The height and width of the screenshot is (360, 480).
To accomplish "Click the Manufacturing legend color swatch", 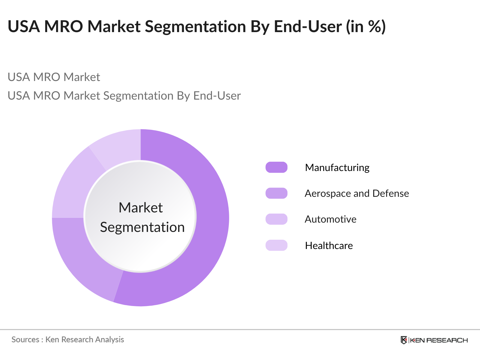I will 276,167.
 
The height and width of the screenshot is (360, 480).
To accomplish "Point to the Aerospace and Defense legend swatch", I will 276,193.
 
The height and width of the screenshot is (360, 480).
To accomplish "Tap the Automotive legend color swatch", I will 276,219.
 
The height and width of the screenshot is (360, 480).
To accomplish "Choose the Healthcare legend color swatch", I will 276,245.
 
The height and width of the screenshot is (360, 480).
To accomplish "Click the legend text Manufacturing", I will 337,167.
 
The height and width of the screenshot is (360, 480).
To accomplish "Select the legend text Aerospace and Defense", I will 357,193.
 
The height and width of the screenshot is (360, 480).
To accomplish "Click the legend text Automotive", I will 330,219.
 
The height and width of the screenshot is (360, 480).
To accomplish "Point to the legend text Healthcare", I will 329,246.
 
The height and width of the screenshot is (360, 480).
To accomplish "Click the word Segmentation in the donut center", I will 142,227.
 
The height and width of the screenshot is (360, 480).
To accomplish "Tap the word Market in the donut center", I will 140,208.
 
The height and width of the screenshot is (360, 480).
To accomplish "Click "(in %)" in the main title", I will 366,26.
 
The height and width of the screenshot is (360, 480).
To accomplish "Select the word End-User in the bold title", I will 308,26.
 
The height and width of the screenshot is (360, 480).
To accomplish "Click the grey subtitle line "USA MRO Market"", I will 54,77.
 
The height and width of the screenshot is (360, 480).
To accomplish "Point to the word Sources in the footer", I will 25,340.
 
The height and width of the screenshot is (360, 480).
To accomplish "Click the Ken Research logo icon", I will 404,340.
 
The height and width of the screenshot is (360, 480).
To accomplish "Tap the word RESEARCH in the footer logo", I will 447,340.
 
